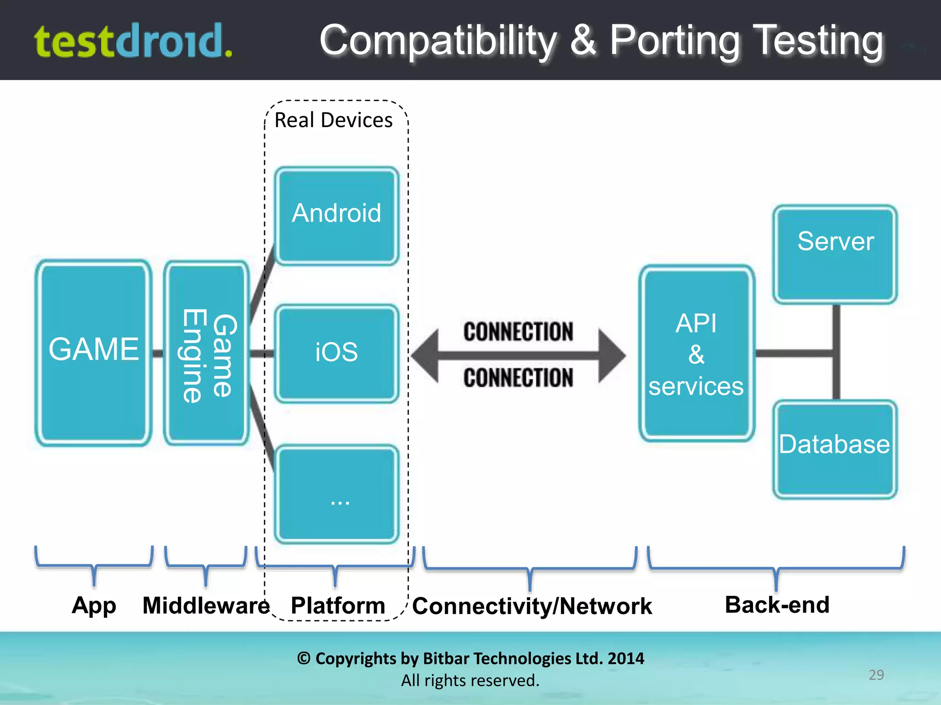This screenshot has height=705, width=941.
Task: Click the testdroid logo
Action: (x=133, y=41)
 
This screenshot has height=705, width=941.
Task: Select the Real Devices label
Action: (x=333, y=120)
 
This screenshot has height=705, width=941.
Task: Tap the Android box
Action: (x=336, y=215)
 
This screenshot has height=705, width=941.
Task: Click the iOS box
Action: (x=336, y=353)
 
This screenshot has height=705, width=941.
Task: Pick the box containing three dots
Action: (x=336, y=494)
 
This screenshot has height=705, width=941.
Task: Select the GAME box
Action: (x=94, y=352)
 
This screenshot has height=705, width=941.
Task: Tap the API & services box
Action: (x=696, y=353)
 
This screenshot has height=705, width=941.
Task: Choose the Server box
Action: (x=835, y=254)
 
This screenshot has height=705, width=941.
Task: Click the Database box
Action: (x=834, y=449)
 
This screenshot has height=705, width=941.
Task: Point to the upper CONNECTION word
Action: (x=518, y=331)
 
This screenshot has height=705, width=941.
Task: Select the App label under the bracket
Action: (x=94, y=605)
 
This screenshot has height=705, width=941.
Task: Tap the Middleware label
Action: (x=206, y=605)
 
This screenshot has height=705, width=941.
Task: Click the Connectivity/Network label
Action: (x=532, y=606)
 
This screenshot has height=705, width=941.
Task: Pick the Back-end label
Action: (x=777, y=604)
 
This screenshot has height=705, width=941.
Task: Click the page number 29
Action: (x=876, y=675)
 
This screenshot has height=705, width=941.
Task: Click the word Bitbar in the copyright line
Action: (x=447, y=659)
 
